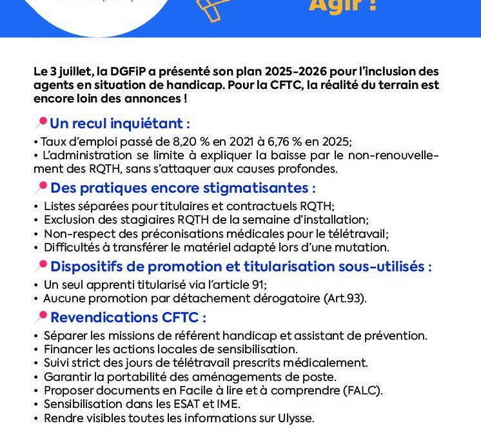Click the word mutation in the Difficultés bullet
tap(365, 247)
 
